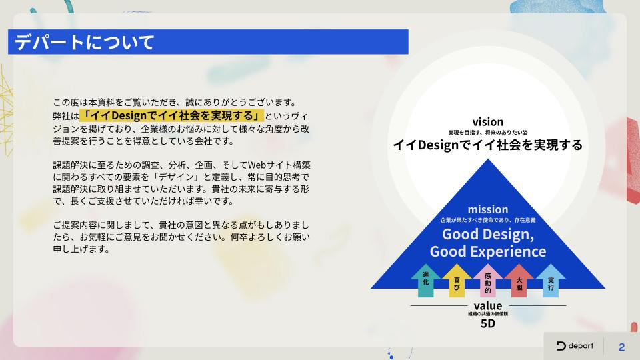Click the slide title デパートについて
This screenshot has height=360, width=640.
click(x=85, y=42)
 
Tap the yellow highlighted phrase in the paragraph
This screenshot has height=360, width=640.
click(x=171, y=115)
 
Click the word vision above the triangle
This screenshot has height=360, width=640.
click(x=488, y=121)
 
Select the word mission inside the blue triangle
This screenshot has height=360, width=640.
click(x=488, y=209)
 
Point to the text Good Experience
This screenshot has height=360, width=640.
click(x=488, y=251)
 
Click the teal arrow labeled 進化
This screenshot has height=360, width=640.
click(x=426, y=281)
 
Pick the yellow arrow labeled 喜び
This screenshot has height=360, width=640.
click(x=457, y=281)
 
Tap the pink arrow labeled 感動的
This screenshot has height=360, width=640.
click(x=488, y=281)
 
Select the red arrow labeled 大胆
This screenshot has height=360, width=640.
click(x=519, y=281)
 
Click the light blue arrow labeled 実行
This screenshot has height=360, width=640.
click(x=551, y=281)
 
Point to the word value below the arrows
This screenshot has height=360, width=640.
click(x=488, y=306)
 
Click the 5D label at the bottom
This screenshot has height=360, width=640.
click(x=488, y=324)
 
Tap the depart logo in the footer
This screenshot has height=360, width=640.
click(x=575, y=346)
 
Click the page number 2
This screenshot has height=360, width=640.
click(x=621, y=347)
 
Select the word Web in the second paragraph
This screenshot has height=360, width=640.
click(x=257, y=165)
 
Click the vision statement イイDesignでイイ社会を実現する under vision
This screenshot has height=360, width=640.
click(x=488, y=145)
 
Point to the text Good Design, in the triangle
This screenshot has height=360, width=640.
click(x=488, y=234)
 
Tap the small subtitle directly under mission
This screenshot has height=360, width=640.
click(x=488, y=220)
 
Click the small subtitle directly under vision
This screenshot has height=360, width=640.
click(x=488, y=132)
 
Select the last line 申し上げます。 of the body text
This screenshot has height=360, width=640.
click(x=81, y=249)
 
